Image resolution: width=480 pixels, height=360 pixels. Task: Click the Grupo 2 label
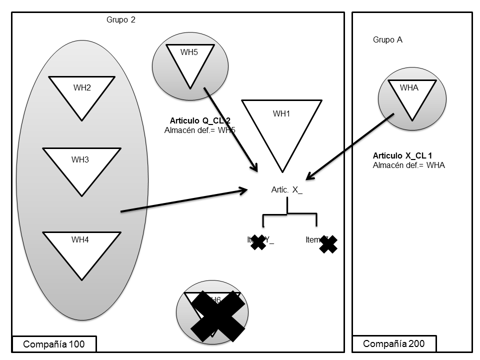pos(121,20)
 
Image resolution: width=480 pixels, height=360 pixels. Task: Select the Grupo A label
pos(387,40)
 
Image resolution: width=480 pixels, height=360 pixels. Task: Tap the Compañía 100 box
pos(53,344)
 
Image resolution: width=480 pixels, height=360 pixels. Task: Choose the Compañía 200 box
pos(393,343)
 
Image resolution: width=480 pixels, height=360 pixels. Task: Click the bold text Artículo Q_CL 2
pos(200,120)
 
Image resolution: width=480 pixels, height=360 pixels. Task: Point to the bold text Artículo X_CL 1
pos(402,156)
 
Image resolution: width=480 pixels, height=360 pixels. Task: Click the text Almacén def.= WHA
pos(408,165)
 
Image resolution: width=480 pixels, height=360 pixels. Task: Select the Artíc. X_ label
pos(286,190)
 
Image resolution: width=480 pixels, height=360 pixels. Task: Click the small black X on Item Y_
pos(258,242)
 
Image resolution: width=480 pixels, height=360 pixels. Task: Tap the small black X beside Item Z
pos(328,243)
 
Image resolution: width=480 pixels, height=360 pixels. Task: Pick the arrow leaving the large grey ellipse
pos(185,200)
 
